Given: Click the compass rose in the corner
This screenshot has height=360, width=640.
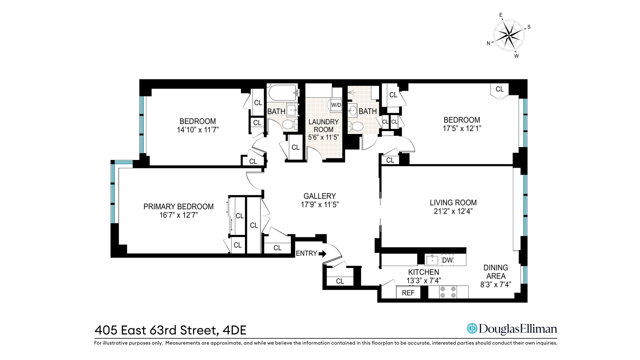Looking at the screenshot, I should [x=508, y=34].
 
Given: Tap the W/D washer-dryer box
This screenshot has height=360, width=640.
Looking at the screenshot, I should [x=336, y=105].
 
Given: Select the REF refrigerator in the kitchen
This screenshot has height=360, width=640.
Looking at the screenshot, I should [x=408, y=293].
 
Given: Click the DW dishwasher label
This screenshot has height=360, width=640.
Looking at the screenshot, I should [x=447, y=260].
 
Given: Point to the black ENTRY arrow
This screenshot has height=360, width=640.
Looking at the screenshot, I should [x=322, y=254].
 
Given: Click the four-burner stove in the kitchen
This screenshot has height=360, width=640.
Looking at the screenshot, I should [x=448, y=292].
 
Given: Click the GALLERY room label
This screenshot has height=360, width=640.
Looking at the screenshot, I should [x=320, y=196].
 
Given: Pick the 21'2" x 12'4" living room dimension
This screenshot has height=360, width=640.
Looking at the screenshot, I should [x=453, y=211].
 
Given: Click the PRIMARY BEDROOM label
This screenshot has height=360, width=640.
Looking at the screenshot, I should [x=178, y=207].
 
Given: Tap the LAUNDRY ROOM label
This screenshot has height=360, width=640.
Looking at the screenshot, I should [x=323, y=126].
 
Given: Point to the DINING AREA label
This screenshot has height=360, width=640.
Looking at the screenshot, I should [x=496, y=272].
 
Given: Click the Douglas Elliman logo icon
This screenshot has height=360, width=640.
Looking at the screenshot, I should [x=472, y=328].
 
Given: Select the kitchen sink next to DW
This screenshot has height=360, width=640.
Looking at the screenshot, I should [x=432, y=260].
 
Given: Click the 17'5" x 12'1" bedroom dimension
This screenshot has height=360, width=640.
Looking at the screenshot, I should [x=462, y=128].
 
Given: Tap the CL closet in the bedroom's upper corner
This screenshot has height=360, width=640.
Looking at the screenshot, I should [x=499, y=89].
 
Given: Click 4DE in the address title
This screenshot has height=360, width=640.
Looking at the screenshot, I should [x=234, y=330].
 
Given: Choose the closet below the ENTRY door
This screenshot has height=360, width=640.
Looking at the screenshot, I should [x=340, y=281].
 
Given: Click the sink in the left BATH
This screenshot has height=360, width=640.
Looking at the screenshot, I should [x=292, y=109].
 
